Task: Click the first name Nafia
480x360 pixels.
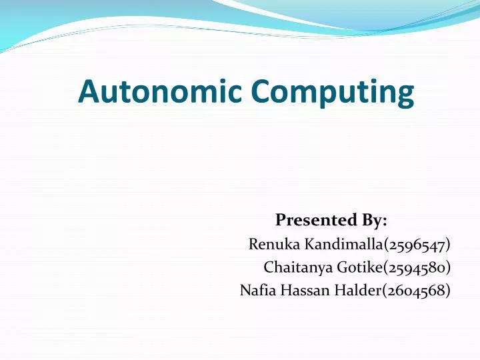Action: [255, 290]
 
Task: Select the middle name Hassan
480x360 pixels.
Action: [298, 290]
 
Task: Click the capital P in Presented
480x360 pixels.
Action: [281, 219]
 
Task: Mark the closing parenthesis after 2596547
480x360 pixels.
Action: [448, 245]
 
